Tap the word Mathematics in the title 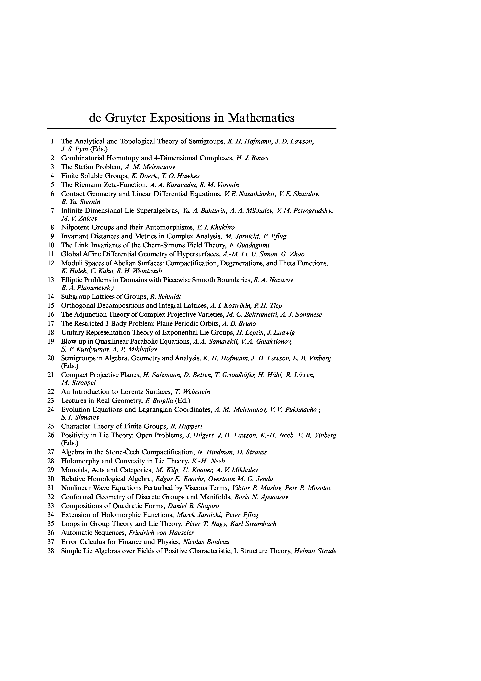point(261,118)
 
